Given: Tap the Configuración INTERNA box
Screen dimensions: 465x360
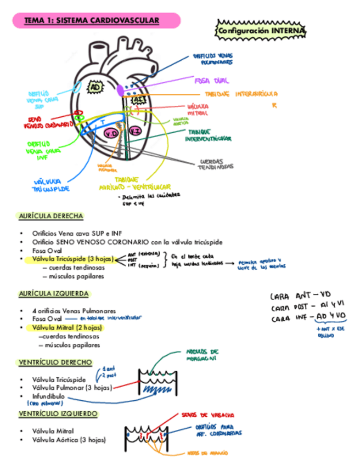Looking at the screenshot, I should click(261, 31).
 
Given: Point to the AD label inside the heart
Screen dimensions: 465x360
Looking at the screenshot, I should click(95, 87).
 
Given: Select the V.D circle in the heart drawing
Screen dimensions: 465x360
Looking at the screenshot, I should click(111, 133).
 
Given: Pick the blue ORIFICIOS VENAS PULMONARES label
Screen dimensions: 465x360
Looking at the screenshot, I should click(212, 59).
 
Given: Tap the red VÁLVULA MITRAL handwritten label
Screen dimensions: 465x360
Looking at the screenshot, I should click(198, 109).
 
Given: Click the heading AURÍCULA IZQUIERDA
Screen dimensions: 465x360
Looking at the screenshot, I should click(53, 294).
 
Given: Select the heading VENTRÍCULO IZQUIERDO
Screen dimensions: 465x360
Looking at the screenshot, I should click(58, 413).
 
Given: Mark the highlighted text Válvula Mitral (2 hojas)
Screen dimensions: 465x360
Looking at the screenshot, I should click(67, 328).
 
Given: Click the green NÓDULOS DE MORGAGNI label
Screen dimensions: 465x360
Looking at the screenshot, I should click(203, 354).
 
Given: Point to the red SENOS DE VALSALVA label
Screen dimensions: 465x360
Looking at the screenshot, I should click(208, 415).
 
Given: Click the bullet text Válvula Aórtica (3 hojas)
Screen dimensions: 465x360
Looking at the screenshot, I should click(69, 440).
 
